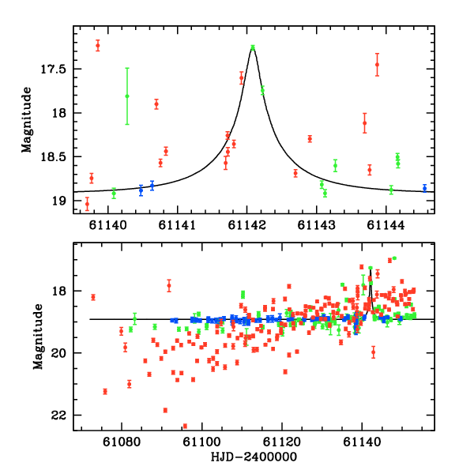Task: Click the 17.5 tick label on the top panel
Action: (x=56, y=69)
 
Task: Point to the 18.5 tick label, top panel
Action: (x=56, y=157)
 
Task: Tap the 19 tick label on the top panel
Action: (x=63, y=201)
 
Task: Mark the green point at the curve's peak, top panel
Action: (x=253, y=47)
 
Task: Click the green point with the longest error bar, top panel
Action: (x=127, y=96)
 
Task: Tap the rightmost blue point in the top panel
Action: (x=424, y=188)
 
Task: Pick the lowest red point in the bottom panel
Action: (x=185, y=427)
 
